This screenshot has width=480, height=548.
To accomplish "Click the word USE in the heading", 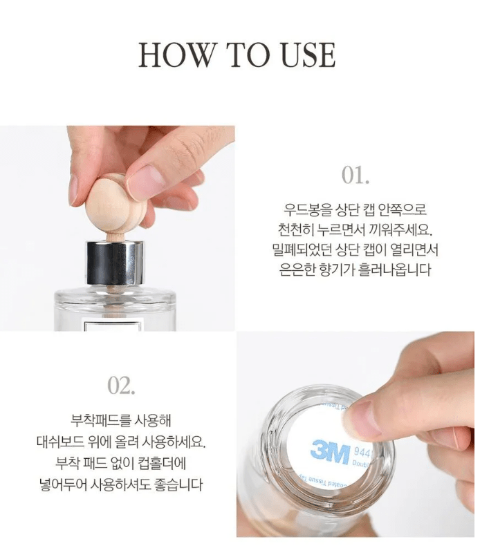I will [306, 55].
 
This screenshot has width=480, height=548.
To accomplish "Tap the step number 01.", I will [356, 176].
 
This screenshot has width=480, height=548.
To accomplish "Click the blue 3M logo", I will [329, 451].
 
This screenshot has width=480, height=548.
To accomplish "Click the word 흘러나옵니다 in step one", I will [396, 270].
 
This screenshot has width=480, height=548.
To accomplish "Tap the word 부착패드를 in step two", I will [100, 419].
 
